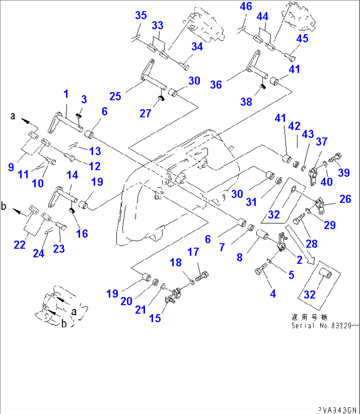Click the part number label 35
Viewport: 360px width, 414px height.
pyautogui.click(x=141, y=15)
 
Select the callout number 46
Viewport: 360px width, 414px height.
pyautogui.click(x=246, y=6)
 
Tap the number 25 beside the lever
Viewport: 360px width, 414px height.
pyautogui.click(x=115, y=96)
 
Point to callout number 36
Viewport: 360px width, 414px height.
pyautogui.click(x=216, y=85)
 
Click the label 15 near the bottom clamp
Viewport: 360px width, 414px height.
pyautogui.click(x=155, y=318)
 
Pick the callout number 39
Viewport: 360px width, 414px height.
pyautogui.click(x=344, y=172)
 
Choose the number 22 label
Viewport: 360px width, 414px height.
pyautogui.click(x=19, y=245)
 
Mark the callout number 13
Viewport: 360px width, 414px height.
pyautogui.click(x=95, y=151)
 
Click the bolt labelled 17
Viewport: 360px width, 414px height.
pyautogui.click(x=202, y=276)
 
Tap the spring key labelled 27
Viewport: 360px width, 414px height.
pyautogui.click(x=162, y=98)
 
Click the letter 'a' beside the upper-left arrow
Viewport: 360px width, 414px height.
pyautogui.click(x=13, y=116)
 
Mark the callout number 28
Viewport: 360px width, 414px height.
pyautogui.click(x=311, y=244)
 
